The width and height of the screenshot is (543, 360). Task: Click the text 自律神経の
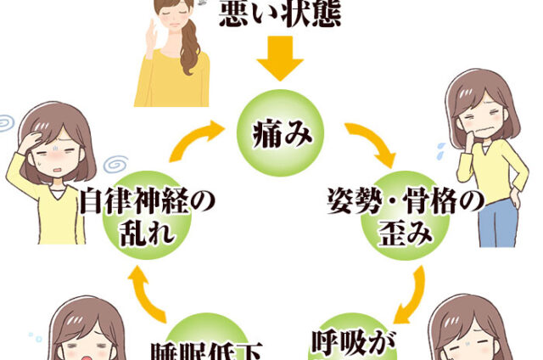[147, 204]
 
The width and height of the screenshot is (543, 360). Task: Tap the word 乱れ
[148, 232]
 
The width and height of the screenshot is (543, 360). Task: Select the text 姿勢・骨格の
[406, 204]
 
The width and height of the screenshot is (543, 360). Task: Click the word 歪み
[406, 232]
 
